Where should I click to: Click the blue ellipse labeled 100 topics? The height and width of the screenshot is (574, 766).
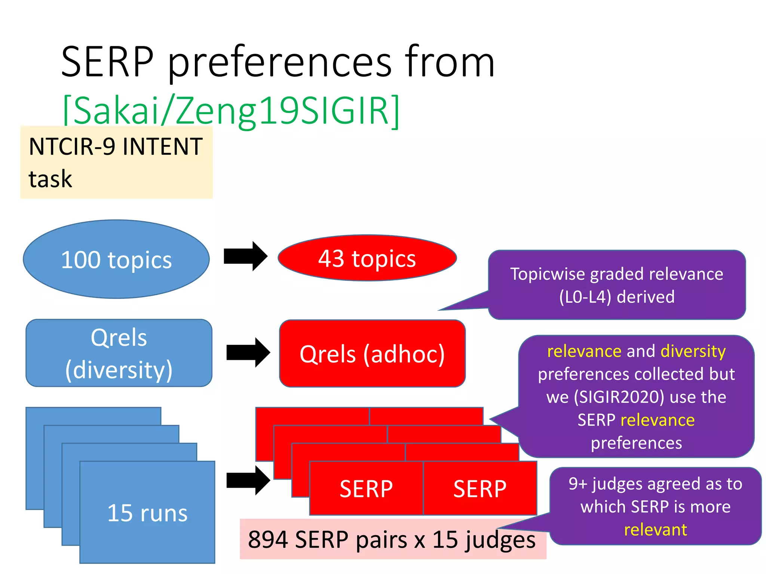coord(116,259)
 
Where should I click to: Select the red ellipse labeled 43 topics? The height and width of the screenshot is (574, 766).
coord(367,258)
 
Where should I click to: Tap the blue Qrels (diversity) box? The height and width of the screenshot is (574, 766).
coord(119,353)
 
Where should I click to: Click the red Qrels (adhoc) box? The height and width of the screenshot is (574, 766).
coord(372,354)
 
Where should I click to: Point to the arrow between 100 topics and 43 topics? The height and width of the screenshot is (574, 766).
coord(245,256)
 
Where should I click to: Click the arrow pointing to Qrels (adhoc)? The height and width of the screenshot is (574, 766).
coord(248,352)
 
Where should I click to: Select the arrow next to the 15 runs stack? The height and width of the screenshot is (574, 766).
coord(248,480)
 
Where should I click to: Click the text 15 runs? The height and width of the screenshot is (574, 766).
coord(147,513)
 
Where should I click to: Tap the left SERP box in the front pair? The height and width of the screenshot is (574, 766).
coord(366,488)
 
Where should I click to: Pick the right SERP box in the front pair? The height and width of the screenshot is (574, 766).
coord(480,488)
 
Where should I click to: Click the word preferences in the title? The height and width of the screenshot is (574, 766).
coord(280,62)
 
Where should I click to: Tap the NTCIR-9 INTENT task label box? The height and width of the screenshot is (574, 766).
coord(116,162)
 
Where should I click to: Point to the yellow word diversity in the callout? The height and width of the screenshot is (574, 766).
coord(693,351)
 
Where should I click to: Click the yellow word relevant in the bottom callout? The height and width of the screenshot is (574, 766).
coord(655,530)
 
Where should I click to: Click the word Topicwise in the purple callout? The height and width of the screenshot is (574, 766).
coord(548,274)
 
